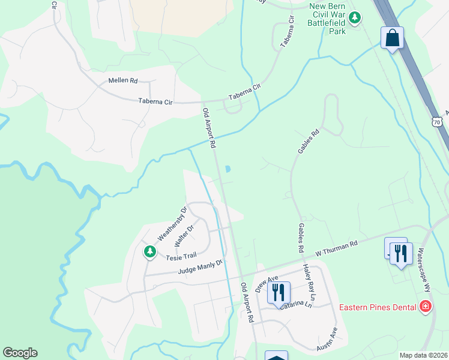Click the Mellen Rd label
[123, 80]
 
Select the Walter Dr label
[184, 235]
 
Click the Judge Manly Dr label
[200, 267]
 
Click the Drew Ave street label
[267, 283]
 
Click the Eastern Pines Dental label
[378, 308]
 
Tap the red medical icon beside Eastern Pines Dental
[426, 307]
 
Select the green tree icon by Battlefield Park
[355, 17]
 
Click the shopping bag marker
[393, 38]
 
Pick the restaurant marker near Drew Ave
[278, 292]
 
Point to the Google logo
[20, 353]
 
